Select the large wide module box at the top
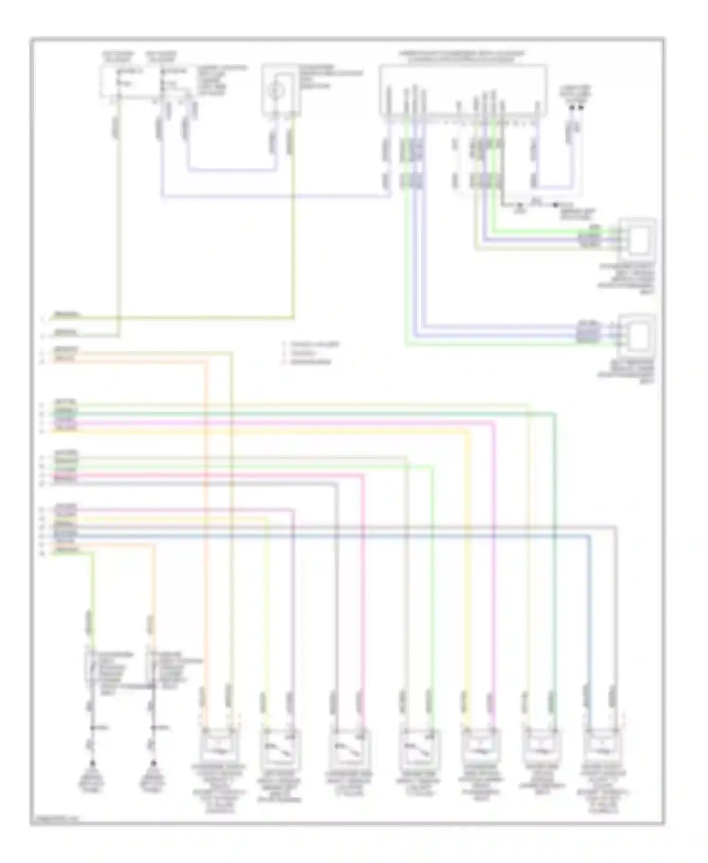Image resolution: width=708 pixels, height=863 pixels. pos(463,90)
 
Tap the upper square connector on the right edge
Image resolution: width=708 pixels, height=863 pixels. pos(638,236)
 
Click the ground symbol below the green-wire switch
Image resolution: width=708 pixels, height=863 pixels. pos(92,764)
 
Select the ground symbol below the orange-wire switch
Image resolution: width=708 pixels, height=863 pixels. pos(153,764)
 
